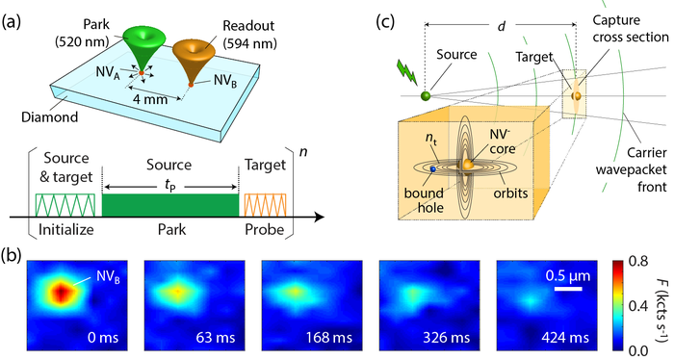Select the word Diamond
(x=50, y=116)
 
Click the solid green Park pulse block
(x=170, y=205)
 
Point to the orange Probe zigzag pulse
(x=265, y=205)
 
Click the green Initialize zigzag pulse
(x=65, y=205)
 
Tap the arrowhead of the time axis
(x=319, y=217)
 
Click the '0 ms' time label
(x=103, y=337)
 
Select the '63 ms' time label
(x=217, y=337)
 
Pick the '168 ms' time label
(x=329, y=337)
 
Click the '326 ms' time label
(x=447, y=337)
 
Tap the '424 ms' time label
(x=564, y=337)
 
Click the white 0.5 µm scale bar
(x=568, y=289)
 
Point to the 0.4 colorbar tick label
(x=637, y=306)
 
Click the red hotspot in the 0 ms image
(x=62, y=292)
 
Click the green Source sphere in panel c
(x=426, y=95)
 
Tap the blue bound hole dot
(x=433, y=169)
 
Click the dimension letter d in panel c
(x=502, y=26)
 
